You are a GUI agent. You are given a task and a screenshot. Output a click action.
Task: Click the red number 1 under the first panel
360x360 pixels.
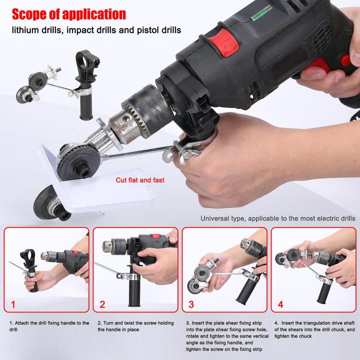(13, 304)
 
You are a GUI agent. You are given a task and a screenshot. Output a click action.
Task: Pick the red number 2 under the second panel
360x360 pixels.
(102, 304)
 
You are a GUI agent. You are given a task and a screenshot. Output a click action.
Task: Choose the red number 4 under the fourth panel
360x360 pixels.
(280, 304)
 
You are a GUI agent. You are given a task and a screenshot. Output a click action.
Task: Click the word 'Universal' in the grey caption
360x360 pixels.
(216, 218)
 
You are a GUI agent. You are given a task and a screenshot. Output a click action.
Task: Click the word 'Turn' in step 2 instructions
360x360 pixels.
(107, 323)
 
